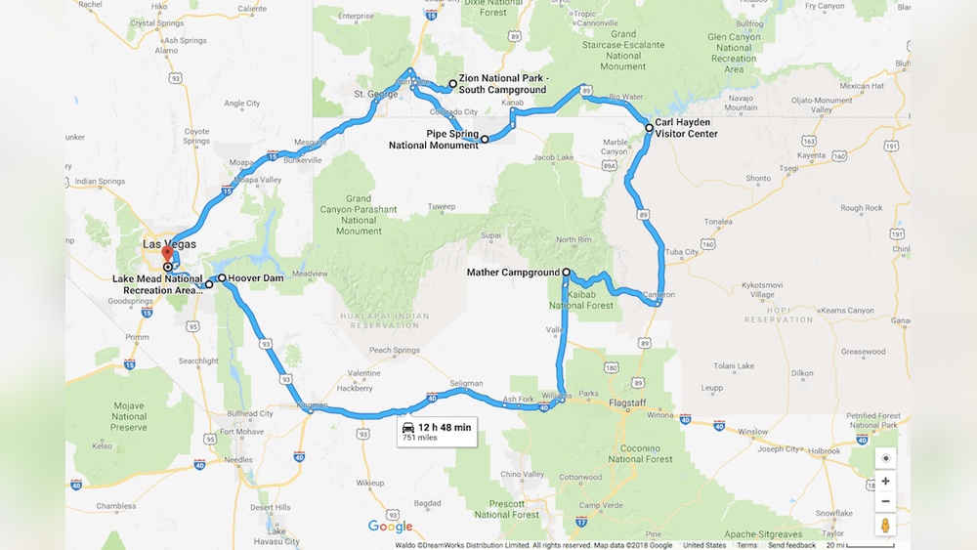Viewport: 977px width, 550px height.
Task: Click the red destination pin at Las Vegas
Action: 166,254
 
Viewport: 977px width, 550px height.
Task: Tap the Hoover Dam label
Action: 256,278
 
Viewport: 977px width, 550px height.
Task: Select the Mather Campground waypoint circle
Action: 567,273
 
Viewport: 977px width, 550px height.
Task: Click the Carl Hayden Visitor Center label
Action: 686,128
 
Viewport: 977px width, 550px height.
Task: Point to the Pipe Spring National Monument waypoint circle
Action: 485,140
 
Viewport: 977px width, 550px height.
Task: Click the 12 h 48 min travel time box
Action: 436,432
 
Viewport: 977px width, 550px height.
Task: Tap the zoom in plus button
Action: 885,481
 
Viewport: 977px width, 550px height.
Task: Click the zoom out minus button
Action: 885,502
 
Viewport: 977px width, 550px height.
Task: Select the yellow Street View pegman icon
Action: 885,526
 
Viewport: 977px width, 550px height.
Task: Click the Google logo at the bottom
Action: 390,527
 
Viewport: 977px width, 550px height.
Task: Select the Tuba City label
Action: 680,252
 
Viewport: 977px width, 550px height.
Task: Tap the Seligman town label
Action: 466,383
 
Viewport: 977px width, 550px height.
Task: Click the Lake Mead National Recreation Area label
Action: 156,284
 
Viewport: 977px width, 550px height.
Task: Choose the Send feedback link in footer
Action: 791,545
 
